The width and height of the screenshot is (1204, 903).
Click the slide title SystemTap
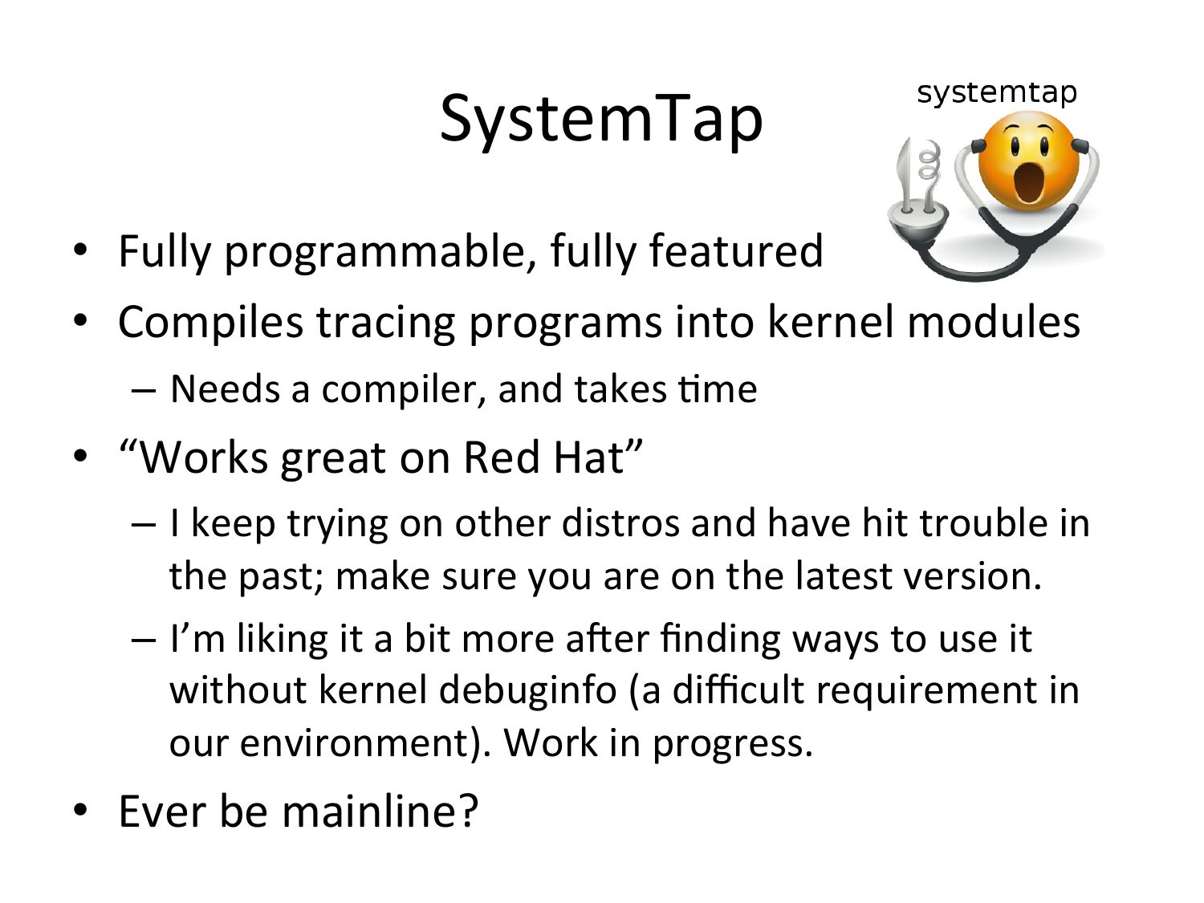click(601, 120)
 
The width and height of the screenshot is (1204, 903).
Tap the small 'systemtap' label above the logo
click(997, 92)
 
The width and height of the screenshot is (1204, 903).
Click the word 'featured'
click(735, 250)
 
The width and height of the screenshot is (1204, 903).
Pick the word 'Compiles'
click(210, 323)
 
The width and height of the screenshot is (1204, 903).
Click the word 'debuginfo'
click(528, 691)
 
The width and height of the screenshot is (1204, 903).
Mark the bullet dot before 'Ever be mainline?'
click(80, 810)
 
